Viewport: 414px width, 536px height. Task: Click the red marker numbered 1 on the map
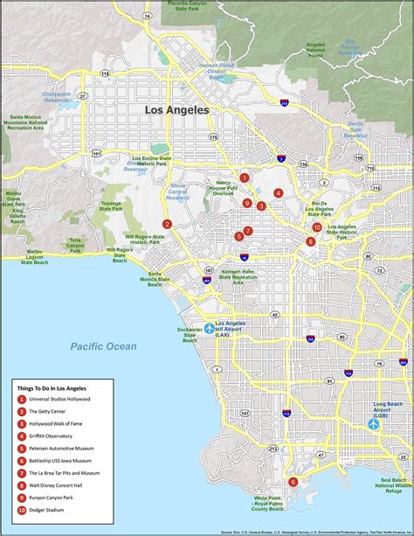point(245,178)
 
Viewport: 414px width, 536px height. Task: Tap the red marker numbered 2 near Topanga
point(167,224)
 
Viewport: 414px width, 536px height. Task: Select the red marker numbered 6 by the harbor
point(293,482)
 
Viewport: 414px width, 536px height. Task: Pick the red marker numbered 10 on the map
point(317,227)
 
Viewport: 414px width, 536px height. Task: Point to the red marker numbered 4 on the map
point(278,193)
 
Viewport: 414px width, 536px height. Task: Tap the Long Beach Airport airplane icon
point(373,424)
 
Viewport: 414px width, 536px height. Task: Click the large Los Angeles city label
point(176,110)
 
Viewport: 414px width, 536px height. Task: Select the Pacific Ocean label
point(104,346)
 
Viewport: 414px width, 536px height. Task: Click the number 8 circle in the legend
point(22,484)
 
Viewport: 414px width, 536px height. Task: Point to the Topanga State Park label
point(111,207)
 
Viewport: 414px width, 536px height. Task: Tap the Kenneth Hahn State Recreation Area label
point(238,276)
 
